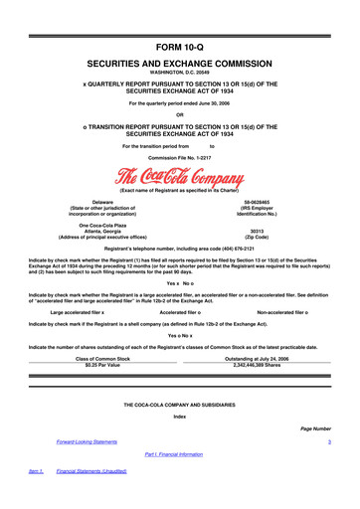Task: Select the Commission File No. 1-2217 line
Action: pyautogui.click(x=179, y=158)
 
